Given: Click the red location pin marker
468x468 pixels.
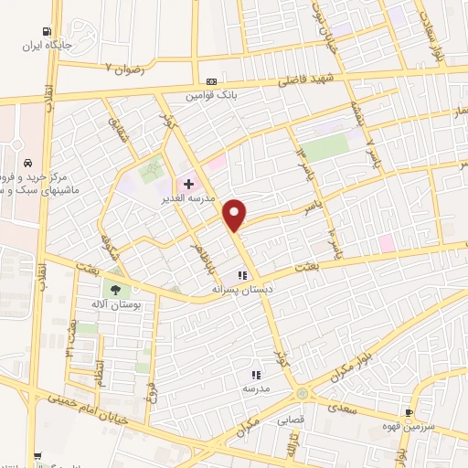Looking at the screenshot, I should (236, 215).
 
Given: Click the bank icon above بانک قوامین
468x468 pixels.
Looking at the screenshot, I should (211, 81).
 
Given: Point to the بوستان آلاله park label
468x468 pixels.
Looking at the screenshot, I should (114, 304).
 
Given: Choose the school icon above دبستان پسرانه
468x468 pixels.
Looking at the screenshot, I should (242, 275).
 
